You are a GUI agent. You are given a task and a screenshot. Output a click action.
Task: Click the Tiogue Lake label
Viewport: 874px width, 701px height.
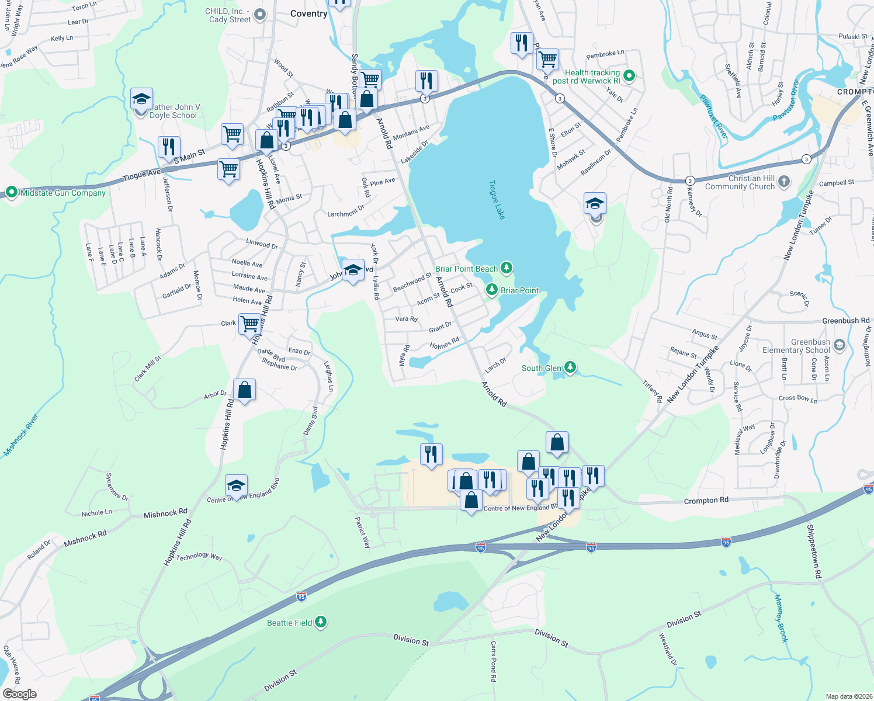497,200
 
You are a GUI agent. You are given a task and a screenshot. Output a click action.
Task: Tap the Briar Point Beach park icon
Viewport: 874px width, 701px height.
507,268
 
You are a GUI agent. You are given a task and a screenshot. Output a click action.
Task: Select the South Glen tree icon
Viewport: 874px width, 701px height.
570,367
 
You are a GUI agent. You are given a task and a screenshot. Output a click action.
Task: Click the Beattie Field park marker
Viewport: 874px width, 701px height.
321,622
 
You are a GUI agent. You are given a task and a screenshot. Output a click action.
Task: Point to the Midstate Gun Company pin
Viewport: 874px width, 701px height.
11,192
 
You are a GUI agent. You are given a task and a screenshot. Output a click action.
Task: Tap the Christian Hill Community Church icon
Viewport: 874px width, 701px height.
784,182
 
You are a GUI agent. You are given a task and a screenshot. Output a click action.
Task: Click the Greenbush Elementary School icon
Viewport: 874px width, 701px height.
840,345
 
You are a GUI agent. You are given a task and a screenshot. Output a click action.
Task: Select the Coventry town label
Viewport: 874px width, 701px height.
308,13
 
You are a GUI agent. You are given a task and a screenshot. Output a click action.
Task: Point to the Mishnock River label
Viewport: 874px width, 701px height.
21,435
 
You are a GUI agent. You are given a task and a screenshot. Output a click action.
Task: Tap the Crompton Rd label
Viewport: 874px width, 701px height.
706,501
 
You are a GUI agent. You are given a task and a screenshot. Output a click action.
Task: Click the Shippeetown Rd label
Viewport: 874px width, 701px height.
814,552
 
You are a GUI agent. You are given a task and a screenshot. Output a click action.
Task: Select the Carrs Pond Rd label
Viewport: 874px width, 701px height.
493,661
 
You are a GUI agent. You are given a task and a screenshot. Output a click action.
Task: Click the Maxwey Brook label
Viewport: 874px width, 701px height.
782,619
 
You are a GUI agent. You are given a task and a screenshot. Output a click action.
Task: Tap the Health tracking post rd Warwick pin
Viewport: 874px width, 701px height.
629,75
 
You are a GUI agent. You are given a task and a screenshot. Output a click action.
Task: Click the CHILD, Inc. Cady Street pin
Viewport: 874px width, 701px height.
261,14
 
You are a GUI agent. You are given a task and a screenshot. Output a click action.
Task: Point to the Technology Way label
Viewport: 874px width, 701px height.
199,557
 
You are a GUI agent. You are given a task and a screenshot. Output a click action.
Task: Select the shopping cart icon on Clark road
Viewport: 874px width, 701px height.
249,322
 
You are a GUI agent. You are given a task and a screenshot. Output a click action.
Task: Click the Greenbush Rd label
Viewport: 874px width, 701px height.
845,321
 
